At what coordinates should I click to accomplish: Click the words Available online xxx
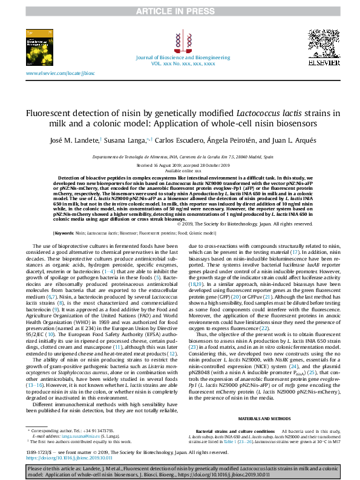(x=180, y=170)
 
